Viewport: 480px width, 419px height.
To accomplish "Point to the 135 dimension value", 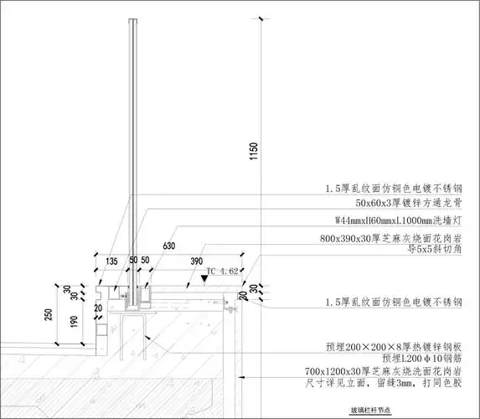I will point(112,261).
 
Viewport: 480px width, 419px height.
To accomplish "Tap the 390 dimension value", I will point(198,261).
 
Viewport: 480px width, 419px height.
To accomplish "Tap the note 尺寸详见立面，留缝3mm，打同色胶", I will point(395,383).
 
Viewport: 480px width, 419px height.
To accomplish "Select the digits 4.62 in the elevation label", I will point(230,271).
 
